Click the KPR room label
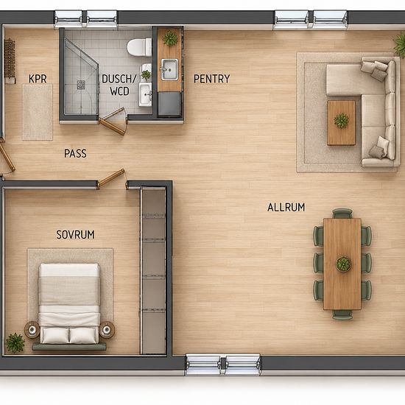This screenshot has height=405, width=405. click(x=38, y=79)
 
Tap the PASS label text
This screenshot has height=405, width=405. click(x=75, y=153)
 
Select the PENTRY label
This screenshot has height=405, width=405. click(x=211, y=79)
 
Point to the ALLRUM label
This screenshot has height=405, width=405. click(x=286, y=208)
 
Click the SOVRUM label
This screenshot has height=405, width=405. click(x=75, y=235)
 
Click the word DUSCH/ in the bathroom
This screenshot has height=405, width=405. click(x=119, y=79)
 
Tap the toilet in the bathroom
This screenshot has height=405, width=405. click(x=139, y=47)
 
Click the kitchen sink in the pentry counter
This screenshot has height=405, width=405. click(x=169, y=69)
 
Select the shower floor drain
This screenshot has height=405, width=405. click(x=81, y=85)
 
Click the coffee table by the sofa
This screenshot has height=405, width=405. click(x=341, y=123)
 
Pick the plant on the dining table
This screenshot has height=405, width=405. click(x=343, y=264)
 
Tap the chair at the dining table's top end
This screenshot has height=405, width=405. click(x=342, y=214)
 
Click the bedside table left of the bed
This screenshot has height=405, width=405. click(x=32, y=330)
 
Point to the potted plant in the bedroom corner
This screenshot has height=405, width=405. click(x=15, y=342)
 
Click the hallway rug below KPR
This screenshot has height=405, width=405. click(x=38, y=112)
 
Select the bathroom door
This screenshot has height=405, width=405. click(x=113, y=121)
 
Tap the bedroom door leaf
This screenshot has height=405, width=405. click(x=110, y=177)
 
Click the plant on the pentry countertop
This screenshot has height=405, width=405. click(x=170, y=39)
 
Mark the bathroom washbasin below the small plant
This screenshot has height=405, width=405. click(x=145, y=94)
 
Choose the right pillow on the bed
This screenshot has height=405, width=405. click(x=83, y=335)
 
